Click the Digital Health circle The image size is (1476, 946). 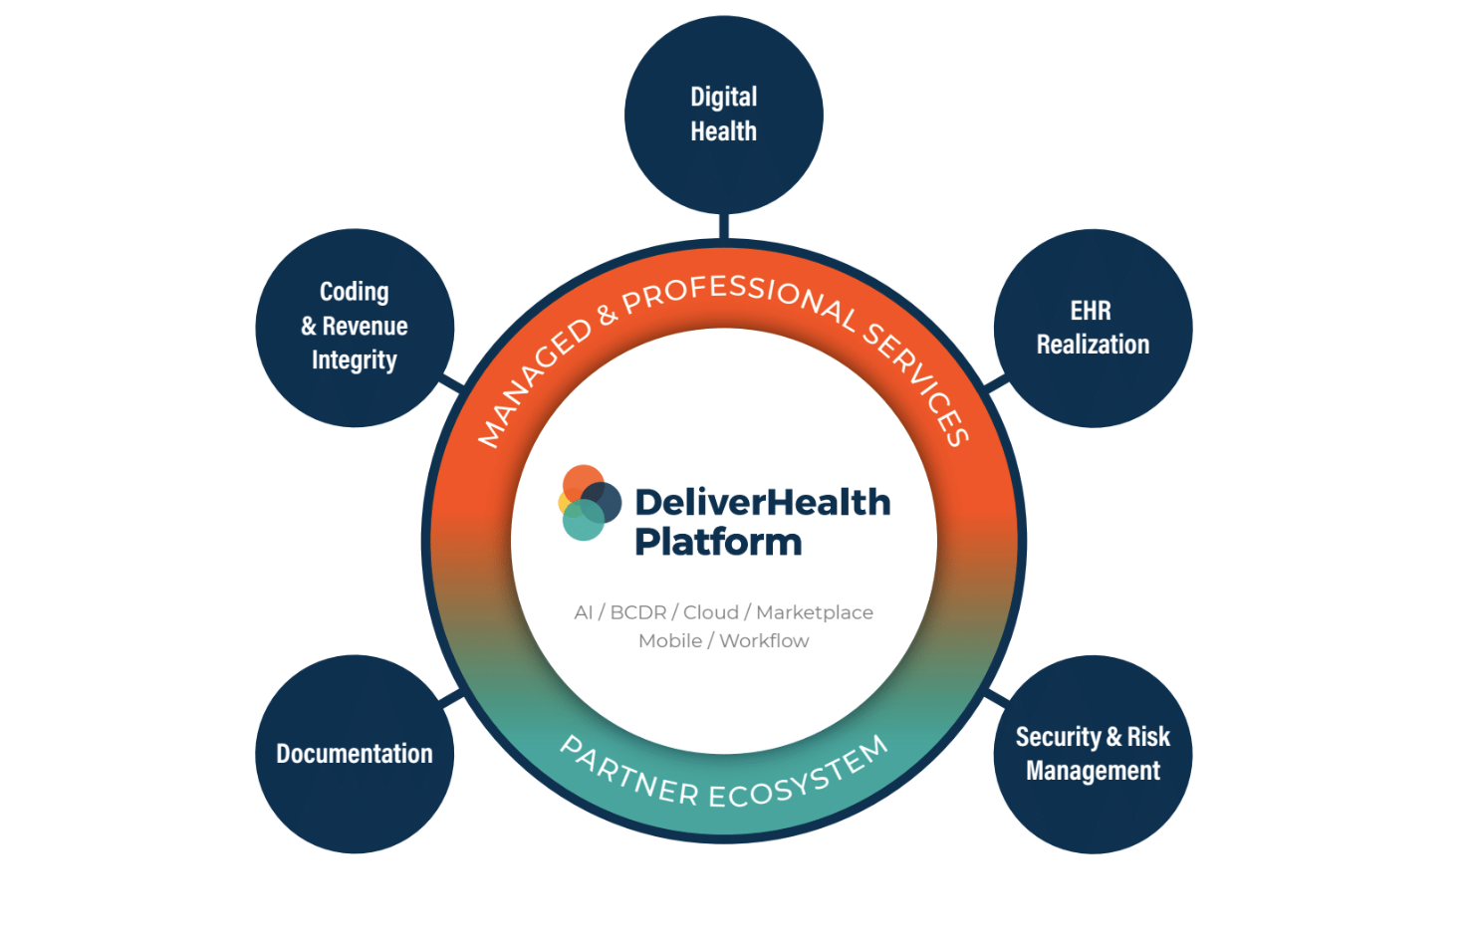(724, 115)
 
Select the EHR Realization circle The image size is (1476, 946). (1093, 329)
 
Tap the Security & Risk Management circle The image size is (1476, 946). (1093, 754)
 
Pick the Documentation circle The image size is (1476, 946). (355, 754)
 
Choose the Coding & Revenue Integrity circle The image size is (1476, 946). (355, 329)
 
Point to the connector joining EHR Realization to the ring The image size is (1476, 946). (996, 383)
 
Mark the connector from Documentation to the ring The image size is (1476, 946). (452, 697)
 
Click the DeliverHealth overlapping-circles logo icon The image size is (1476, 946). (589, 503)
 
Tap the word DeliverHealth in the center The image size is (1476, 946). (763, 503)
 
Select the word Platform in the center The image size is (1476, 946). (718, 543)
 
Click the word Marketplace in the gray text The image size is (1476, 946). (815, 612)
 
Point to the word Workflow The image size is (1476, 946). (764, 641)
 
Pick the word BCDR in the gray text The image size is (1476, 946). (638, 612)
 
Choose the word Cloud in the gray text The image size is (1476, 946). (711, 612)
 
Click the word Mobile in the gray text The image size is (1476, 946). (670, 641)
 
